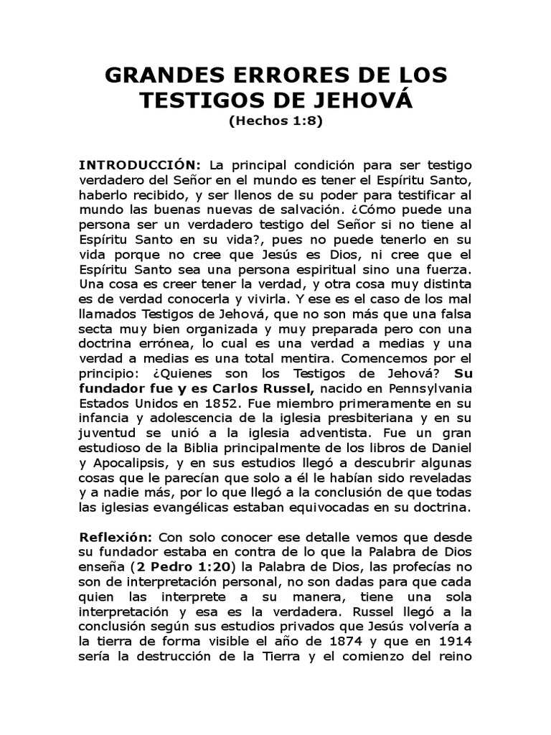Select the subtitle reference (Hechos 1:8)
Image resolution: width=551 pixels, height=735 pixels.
(x=275, y=121)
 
